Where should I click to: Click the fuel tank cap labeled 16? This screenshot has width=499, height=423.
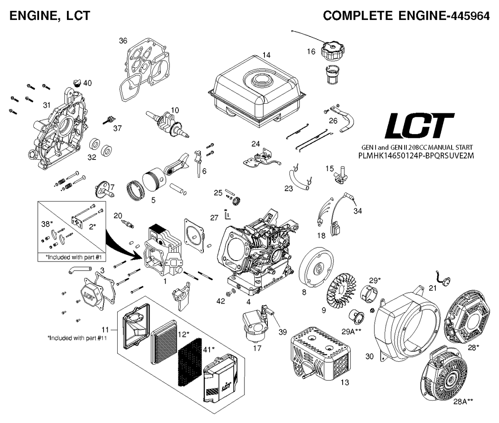[333, 52]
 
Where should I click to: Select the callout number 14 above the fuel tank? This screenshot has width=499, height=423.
[267, 55]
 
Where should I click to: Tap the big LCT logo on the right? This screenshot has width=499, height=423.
[419, 125]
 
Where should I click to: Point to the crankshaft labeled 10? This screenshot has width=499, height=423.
[167, 125]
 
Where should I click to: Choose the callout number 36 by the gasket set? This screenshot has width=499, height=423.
[123, 41]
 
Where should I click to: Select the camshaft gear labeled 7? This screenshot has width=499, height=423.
[104, 193]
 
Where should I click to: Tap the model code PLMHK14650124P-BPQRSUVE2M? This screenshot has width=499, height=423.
[416, 156]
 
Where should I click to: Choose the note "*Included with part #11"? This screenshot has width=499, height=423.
[77, 338]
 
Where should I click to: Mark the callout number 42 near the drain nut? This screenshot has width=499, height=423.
[221, 301]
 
